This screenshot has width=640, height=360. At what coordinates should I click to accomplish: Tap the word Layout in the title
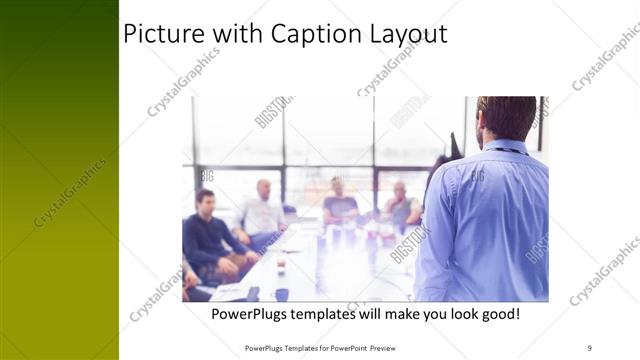(408, 34)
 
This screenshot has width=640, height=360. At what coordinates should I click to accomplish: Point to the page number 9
(590, 347)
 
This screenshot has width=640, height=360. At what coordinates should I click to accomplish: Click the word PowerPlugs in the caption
(254, 314)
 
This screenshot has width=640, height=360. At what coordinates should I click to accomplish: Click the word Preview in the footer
(397, 348)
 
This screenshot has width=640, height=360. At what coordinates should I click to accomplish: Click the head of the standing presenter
(506, 118)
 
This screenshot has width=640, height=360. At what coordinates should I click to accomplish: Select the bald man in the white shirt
(262, 213)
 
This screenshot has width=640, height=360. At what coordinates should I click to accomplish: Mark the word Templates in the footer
(299, 348)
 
